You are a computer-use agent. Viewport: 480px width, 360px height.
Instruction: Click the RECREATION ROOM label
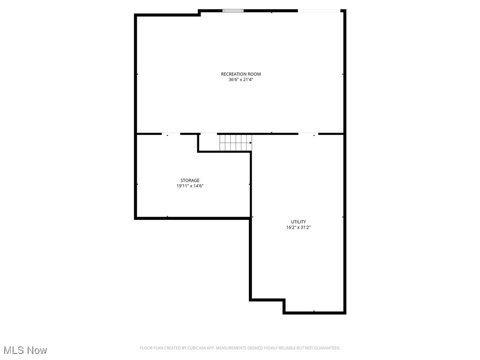241,74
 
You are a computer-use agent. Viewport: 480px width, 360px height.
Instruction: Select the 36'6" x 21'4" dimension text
241,80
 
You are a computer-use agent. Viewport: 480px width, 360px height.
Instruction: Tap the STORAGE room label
190,180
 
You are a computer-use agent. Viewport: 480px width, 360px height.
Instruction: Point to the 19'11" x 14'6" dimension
190,186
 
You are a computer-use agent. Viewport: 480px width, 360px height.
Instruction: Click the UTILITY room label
298,222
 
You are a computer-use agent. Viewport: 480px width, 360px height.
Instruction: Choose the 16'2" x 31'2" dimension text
298,227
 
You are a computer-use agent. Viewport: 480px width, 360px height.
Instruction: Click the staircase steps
235,142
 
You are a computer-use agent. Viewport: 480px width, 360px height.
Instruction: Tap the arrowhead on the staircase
251,142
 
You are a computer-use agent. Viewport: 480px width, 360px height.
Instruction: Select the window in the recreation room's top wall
233,10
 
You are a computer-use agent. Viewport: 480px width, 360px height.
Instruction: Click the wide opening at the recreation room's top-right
319,10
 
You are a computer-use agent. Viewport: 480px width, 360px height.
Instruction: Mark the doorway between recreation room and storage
171,134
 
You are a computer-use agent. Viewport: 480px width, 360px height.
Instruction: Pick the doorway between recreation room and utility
308,134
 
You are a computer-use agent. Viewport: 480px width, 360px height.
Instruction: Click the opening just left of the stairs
209,134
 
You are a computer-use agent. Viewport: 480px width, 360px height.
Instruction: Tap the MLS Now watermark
25,350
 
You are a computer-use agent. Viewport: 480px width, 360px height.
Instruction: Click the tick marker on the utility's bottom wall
314,312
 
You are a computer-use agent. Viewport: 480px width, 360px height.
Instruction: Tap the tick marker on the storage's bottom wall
167,217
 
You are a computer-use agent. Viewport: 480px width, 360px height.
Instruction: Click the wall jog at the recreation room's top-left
200,13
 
